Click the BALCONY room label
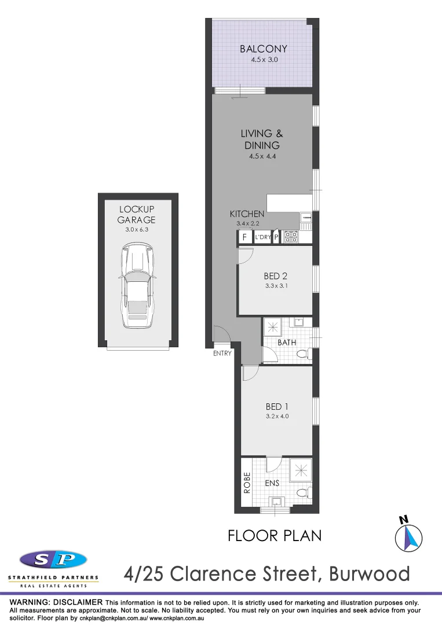pyautogui.click(x=264, y=49)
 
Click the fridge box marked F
pyautogui.click(x=244, y=237)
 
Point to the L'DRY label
pyautogui.click(x=263, y=237)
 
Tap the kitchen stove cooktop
pyautogui.click(x=290, y=237)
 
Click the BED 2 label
pyautogui.click(x=276, y=276)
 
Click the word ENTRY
pyautogui.click(x=222, y=354)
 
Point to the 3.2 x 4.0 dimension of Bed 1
pyautogui.click(x=277, y=417)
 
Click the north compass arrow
pyautogui.click(x=408, y=537)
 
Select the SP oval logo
pyautogui.click(x=53, y=560)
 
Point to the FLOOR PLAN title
pyautogui.click(x=275, y=535)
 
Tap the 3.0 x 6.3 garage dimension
pyautogui.click(x=137, y=229)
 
